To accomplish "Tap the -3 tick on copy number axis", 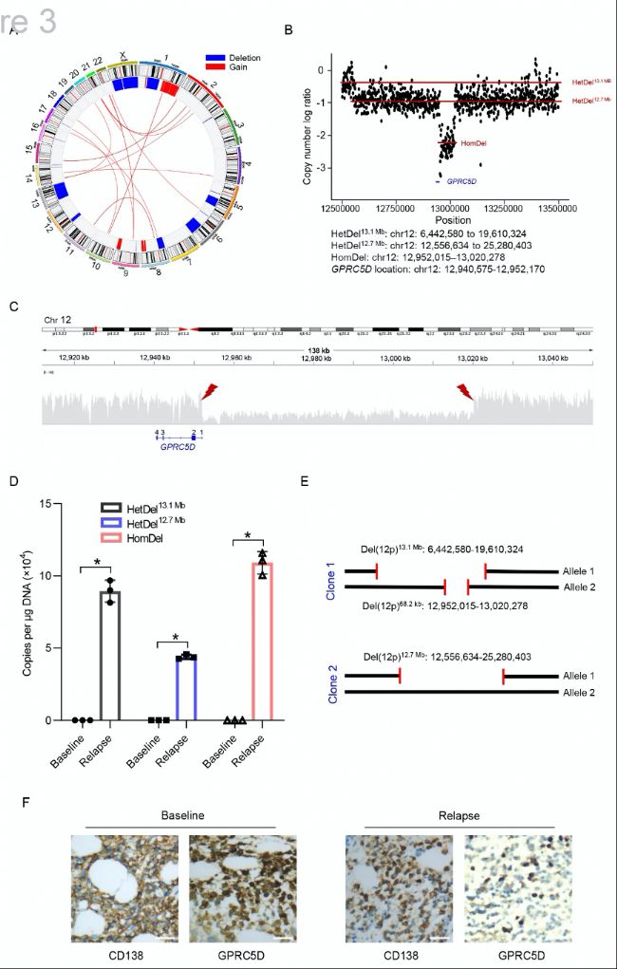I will [x=331, y=169].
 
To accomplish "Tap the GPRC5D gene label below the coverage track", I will [x=178, y=444].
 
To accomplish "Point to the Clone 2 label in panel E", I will [x=319, y=684].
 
